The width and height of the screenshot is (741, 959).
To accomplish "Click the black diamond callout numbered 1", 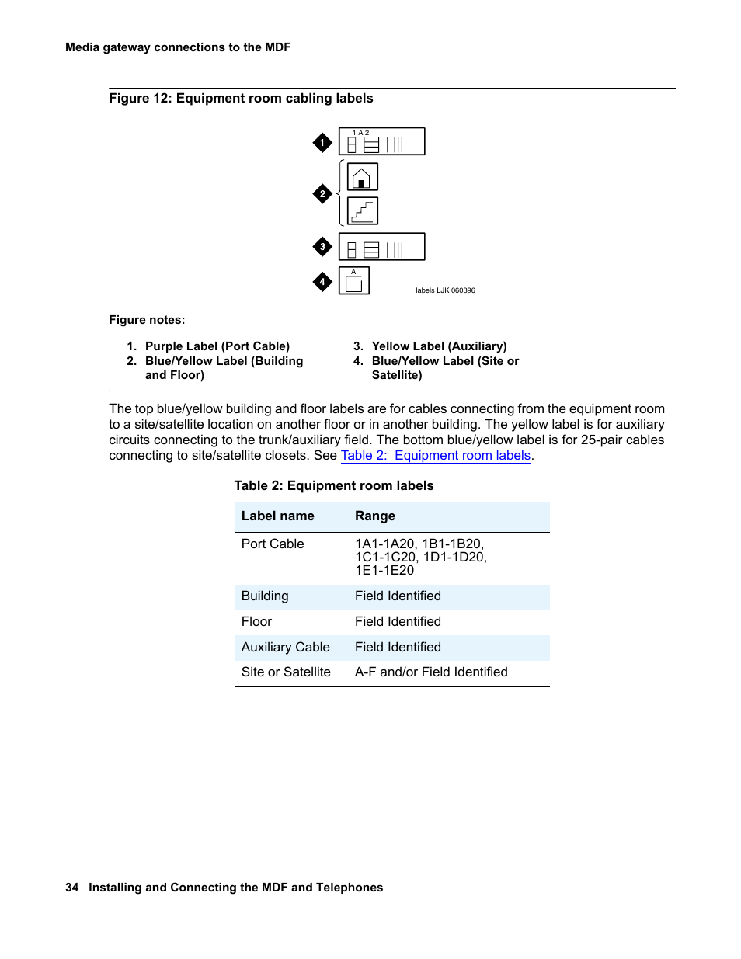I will (x=322, y=143).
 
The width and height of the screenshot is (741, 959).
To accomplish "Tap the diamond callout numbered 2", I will (x=322, y=194).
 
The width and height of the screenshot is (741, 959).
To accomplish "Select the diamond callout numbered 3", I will (x=322, y=247).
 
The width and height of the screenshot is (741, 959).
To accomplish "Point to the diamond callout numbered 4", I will (x=322, y=282).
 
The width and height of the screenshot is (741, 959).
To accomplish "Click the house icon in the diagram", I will (x=362, y=177).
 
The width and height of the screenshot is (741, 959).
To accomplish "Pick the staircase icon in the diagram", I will (x=362, y=211).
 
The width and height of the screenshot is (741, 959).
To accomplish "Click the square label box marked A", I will (x=354, y=281).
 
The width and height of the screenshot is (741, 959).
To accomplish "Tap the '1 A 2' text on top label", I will (x=361, y=133).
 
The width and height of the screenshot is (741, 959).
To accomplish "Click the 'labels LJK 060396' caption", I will (x=445, y=290).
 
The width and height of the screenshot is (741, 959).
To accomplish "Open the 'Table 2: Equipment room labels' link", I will (x=435, y=456).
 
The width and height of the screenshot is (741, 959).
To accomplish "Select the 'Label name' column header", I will (x=277, y=516).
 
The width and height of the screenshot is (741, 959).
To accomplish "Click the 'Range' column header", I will (x=375, y=516).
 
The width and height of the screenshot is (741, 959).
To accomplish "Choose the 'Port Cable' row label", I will (x=273, y=544).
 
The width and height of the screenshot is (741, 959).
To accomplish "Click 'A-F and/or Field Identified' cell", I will (x=431, y=672).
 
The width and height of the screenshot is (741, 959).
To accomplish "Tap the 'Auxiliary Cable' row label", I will (x=285, y=648).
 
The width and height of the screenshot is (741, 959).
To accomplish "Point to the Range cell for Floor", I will (x=398, y=622).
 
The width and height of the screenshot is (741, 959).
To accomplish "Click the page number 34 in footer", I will (x=72, y=888).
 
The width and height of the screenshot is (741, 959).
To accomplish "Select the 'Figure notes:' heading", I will (x=147, y=320).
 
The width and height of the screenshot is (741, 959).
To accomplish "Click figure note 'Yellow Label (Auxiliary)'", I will (x=439, y=346).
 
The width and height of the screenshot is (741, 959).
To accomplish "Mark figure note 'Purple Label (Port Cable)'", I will (x=217, y=346).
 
